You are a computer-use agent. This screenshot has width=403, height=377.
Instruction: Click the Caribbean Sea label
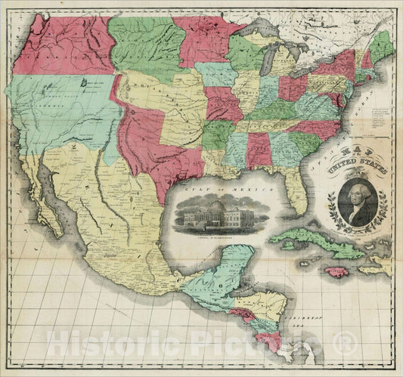313,327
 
